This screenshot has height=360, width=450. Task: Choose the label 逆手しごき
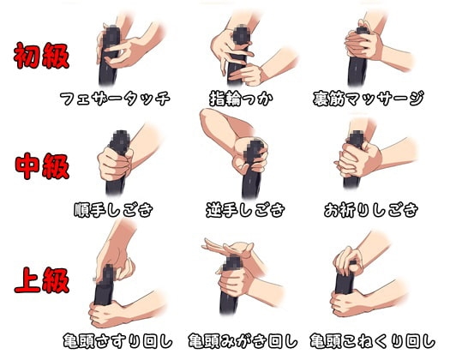click(245, 209)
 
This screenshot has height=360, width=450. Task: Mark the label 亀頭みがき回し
click(245, 339)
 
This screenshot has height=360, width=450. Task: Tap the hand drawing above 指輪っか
click(236, 47)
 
